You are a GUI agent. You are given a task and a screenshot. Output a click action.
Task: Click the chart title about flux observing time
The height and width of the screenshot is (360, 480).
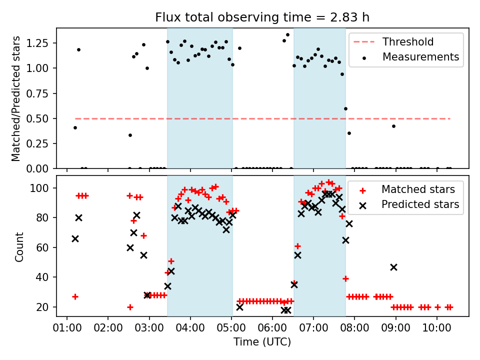262,18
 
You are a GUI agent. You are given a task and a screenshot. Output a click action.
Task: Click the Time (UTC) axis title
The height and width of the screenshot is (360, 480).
262,342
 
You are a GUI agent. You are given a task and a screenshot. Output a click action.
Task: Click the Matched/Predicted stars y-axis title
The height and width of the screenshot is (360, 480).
16,98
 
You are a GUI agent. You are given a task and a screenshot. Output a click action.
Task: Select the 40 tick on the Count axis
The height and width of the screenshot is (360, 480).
46,277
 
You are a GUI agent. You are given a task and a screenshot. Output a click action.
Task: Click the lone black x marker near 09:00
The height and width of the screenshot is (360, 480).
393,267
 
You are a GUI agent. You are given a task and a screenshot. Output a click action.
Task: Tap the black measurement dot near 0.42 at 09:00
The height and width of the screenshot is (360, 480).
393,126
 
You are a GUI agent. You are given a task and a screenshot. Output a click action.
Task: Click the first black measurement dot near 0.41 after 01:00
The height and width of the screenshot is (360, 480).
75,127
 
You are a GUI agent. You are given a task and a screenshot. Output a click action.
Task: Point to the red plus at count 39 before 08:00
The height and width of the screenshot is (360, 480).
345,278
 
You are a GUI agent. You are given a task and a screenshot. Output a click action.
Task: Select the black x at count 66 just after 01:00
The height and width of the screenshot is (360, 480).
75,238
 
